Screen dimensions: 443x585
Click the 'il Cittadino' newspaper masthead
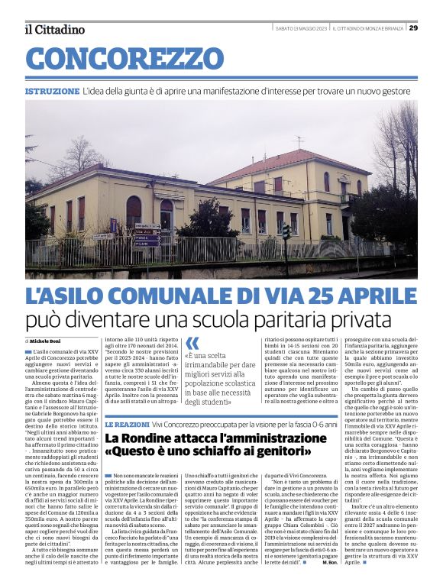(x=54, y=29)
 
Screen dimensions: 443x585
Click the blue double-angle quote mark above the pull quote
(x=192, y=343)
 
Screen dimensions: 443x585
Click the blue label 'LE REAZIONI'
(x=127, y=423)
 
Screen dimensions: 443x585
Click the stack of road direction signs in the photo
(x=147, y=234)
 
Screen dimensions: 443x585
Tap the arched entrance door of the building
(x=166, y=215)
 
